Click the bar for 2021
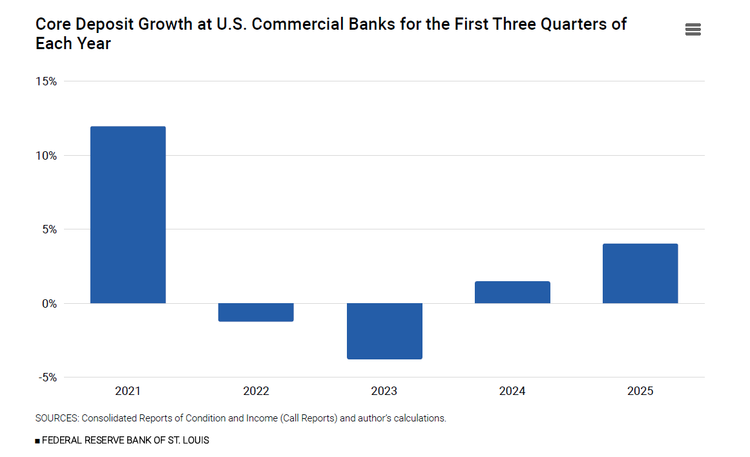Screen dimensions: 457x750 pyautogui.click(x=128, y=215)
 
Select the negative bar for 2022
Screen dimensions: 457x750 pyautogui.click(x=256, y=312)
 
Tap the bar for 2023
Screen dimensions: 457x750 pyautogui.click(x=384, y=331)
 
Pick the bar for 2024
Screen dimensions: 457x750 pyautogui.click(x=512, y=292)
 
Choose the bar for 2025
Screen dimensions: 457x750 pyautogui.click(x=640, y=273)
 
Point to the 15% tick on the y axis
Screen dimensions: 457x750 pyautogui.click(x=47, y=81)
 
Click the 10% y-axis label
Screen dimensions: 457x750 pyautogui.click(x=47, y=156)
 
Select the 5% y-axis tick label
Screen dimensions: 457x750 pyautogui.click(x=50, y=229)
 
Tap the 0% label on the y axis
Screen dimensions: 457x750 pyautogui.click(x=50, y=304)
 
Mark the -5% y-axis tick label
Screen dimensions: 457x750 pyautogui.click(x=48, y=377)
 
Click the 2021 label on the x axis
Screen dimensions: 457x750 pyautogui.click(x=128, y=391)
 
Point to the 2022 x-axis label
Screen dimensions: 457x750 pyautogui.click(x=256, y=391)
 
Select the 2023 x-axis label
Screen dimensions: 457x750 pyautogui.click(x=384, y=391)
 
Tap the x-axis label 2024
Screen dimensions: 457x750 pyautogui.click(x=512, y=391)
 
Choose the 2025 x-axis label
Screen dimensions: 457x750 pyautogui.click(x=640, y=391)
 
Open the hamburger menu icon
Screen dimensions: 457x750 pyautogui.click(x=693, y=30)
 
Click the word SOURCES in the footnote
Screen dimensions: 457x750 pyautogui.click(x=57, y=418)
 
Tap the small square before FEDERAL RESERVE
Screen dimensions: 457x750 pyautogui.click(x=37, y=441)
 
